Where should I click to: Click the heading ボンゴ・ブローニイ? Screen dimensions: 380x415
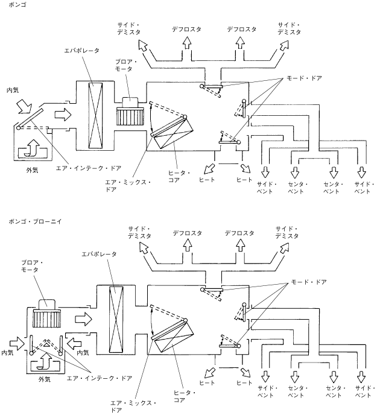35,221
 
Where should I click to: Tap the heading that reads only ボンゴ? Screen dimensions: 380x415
17,4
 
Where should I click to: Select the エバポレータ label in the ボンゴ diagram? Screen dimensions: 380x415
82,51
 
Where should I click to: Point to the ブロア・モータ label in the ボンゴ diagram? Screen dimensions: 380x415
125,65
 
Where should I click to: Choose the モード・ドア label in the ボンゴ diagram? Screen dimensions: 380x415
305,78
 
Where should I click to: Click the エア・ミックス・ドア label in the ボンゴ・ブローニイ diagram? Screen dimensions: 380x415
133,407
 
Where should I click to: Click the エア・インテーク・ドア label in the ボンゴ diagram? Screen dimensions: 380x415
89,168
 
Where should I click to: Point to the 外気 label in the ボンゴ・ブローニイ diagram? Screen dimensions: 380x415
44,379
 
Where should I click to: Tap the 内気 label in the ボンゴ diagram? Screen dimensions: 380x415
13,90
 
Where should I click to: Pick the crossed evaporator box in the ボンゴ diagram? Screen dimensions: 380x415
95,116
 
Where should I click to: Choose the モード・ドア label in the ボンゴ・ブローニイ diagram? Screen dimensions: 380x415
309,282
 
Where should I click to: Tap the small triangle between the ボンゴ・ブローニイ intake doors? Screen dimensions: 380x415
46,344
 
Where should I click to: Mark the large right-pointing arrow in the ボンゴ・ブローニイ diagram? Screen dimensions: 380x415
83,319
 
